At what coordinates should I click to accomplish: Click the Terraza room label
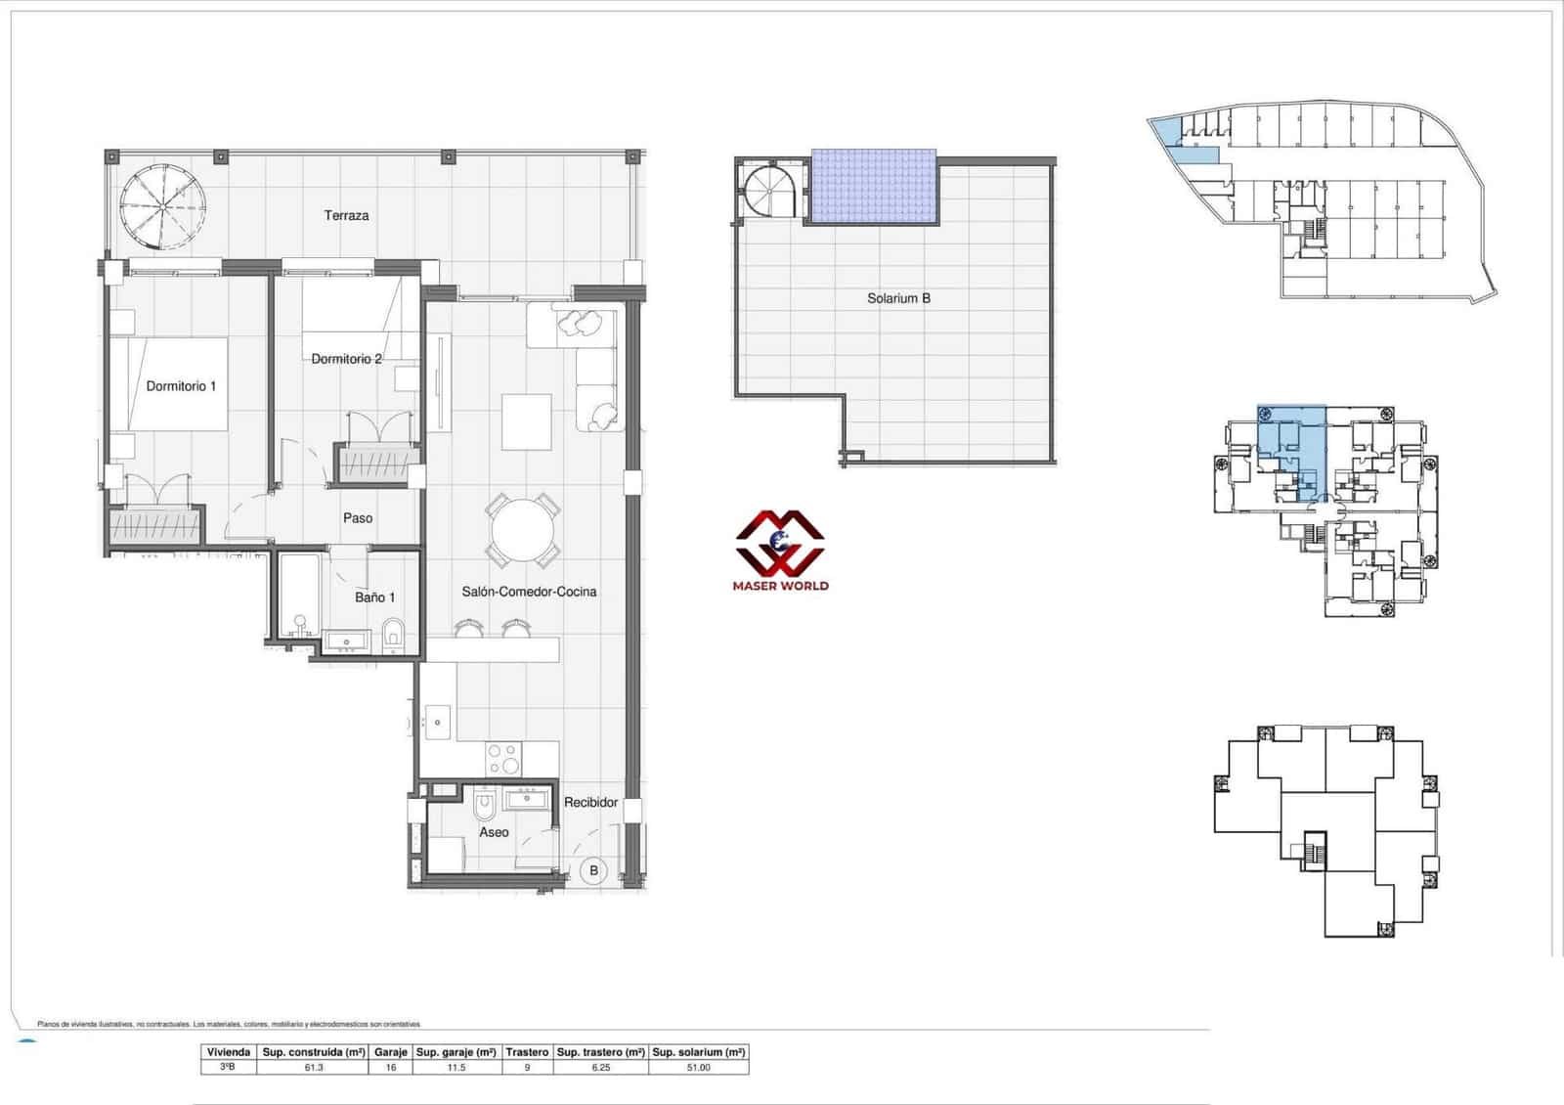pos(346,215)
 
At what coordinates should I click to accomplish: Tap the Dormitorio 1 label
pos(181,386)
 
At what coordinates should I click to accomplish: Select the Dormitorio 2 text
pos(346,359)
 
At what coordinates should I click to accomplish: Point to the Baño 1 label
pos(374,597)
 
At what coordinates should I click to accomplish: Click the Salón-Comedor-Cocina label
pos(529,592)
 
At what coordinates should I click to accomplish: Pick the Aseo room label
pos(494,832)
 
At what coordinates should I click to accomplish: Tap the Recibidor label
pos(591,803)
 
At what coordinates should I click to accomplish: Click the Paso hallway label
pos(357,518)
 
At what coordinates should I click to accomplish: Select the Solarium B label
pos(898,298)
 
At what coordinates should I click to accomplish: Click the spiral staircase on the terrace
pos(164,205)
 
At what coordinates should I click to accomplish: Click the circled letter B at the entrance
pos(592,870)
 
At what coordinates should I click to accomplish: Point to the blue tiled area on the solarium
pos(873,186)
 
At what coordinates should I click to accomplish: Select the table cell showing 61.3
pos(314,1068)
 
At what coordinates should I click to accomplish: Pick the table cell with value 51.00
pos(698,1068)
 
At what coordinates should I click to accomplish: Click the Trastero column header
pos(527,1053)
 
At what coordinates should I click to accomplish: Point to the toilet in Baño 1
pos(393,634)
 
